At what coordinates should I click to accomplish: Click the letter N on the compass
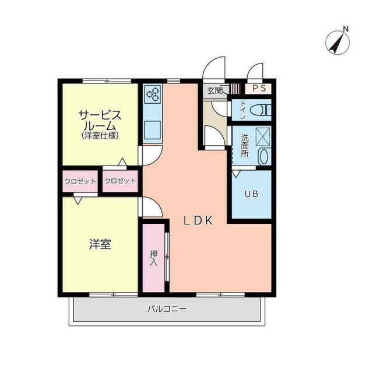346,29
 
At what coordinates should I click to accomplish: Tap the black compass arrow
337,43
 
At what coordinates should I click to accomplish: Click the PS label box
259,88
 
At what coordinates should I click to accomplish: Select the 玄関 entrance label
214,91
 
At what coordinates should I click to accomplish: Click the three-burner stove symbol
153,94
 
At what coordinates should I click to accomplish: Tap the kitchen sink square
152,130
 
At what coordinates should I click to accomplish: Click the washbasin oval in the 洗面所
264,157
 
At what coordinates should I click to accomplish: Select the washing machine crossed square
263,137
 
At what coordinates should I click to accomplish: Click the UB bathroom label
251,194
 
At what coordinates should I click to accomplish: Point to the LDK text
198,220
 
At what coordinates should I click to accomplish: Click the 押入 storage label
154,258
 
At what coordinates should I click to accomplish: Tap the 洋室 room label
100,244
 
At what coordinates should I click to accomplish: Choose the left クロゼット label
80,181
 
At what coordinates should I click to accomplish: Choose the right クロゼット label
120,181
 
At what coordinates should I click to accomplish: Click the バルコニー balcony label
167,309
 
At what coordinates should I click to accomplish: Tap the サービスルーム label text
100,121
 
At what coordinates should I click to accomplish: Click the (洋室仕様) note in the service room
100,136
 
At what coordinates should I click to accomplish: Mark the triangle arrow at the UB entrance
236,174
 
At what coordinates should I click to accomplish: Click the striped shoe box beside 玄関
235,88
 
